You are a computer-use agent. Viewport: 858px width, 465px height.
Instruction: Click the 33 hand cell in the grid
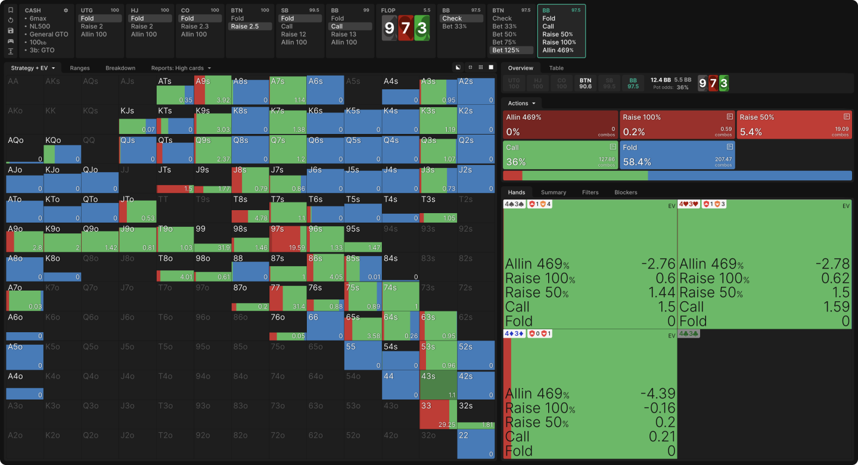click(438, 414)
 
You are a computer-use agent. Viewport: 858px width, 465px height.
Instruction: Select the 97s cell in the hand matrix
click(288, 238)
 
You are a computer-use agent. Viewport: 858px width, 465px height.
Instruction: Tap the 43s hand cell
click(438, 385)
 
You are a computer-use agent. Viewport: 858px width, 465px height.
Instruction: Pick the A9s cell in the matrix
click(212, 90)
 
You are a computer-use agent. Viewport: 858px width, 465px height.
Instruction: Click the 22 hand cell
click(475, 444)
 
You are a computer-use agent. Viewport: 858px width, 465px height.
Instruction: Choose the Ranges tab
click(80, 68)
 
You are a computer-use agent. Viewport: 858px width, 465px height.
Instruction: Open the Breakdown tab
click(120, 68)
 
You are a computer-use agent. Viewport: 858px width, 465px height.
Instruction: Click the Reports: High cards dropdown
click(181, 68)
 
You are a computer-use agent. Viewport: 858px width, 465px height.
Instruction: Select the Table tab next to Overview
click(556, 68)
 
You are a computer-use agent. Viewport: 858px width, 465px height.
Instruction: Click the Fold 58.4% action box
click(677, 155)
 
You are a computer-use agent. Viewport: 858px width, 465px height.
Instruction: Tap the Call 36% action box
click(560, 155)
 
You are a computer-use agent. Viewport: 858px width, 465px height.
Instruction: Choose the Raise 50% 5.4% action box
click(794, 124)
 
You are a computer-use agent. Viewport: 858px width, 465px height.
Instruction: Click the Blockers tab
click(626, 192)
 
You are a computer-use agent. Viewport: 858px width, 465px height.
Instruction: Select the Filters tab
click(590, 192)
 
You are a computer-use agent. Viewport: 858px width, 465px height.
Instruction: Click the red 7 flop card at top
click(406, 29)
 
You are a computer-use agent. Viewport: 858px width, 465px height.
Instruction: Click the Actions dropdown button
click(521, 103)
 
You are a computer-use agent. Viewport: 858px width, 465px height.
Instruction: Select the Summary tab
click(554, 192)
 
